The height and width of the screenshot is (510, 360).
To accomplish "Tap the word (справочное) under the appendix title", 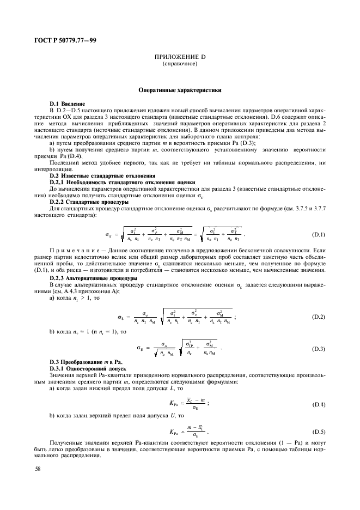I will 179,64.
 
